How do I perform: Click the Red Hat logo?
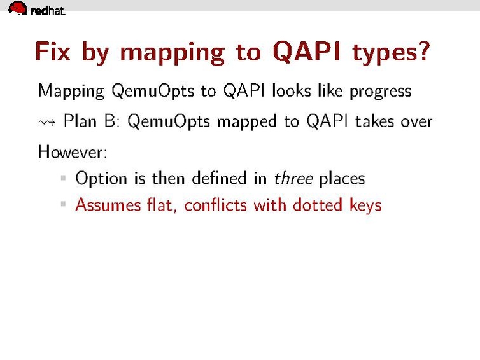36,9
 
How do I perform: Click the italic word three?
293,178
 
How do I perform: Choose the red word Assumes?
106,205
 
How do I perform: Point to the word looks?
292,91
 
